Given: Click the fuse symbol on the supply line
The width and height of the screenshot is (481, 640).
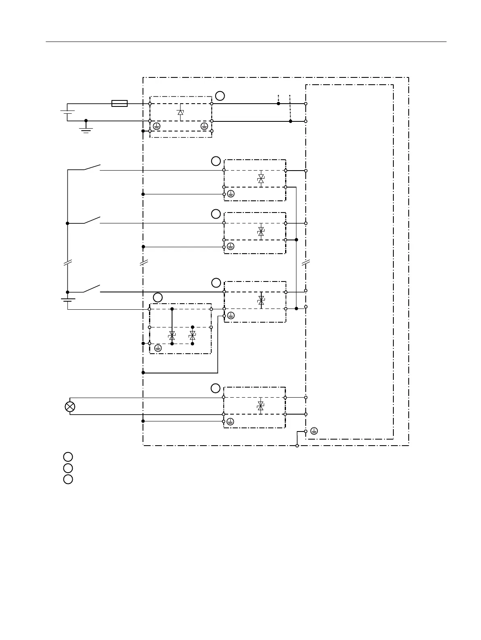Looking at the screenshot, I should pos(119,104).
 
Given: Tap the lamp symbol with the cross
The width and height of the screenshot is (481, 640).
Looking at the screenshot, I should pos(70,406).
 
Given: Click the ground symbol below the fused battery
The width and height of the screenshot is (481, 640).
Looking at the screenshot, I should pos(86,129).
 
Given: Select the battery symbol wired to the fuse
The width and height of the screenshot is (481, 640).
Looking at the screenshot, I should pos(67,112).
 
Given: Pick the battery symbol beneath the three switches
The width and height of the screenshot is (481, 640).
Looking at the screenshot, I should pos(67,299).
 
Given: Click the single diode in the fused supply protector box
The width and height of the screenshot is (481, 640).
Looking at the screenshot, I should pos(181,112).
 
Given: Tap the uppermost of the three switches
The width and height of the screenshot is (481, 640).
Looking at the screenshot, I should pos(92,167).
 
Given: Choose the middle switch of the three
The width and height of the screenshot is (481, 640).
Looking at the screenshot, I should pos(92,220).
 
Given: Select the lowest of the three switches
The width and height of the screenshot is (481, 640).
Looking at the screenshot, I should pos(92,289).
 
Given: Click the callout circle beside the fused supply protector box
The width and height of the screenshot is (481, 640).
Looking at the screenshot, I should pos(220,96).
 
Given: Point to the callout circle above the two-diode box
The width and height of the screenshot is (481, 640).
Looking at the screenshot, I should pos(158,298).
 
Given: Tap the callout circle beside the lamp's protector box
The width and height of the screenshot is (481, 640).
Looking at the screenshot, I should pos(216,388).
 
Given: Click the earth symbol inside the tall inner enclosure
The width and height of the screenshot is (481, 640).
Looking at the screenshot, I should pos(314,431).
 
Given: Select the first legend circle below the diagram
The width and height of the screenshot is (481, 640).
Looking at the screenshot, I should pos(68,457).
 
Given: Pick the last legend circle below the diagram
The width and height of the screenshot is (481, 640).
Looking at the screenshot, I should pos(68,479).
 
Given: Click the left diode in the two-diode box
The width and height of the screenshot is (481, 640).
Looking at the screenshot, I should pos(172,336).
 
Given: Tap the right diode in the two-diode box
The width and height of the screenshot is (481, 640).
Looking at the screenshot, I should pos(192,336).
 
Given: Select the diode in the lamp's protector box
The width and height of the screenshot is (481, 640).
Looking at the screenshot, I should pos(260,406).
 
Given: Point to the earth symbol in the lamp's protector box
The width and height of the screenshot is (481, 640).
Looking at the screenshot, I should pos(230,421).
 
